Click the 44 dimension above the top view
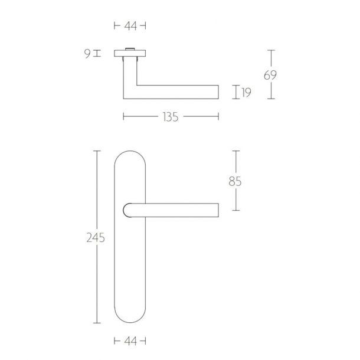[x=129, y=25]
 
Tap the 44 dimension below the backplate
[x=129, y=341]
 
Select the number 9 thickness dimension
[x=87, y=54]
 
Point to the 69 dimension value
[x=271, y=75]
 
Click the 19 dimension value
[x=246, y=92]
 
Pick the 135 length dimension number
[x=170, y=117]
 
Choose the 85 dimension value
[x=235, y=181]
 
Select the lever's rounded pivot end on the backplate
[x=128, y=209]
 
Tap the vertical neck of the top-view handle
[x=129, y=74]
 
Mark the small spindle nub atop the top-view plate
[x=129, y=50]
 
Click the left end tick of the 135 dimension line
[x=123, y=117]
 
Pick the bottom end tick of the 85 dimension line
[x=236, y=211]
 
